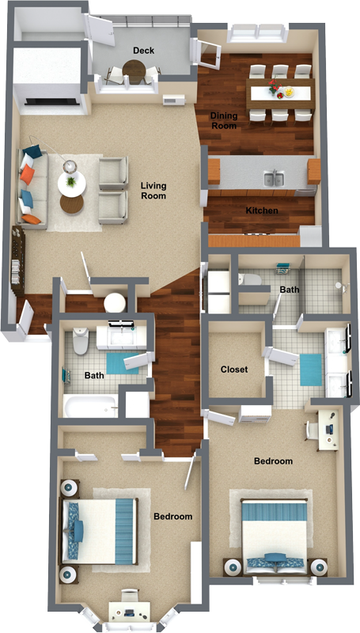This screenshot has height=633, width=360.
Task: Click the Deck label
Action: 143,50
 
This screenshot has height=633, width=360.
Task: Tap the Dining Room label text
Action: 223,120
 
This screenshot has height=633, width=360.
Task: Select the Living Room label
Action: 153,191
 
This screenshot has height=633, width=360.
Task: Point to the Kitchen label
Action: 261,210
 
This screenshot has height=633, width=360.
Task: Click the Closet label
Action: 233,370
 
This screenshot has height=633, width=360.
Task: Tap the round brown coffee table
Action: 71,203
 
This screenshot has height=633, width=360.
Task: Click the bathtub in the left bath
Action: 90,406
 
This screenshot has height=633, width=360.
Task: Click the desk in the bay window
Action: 126,610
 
